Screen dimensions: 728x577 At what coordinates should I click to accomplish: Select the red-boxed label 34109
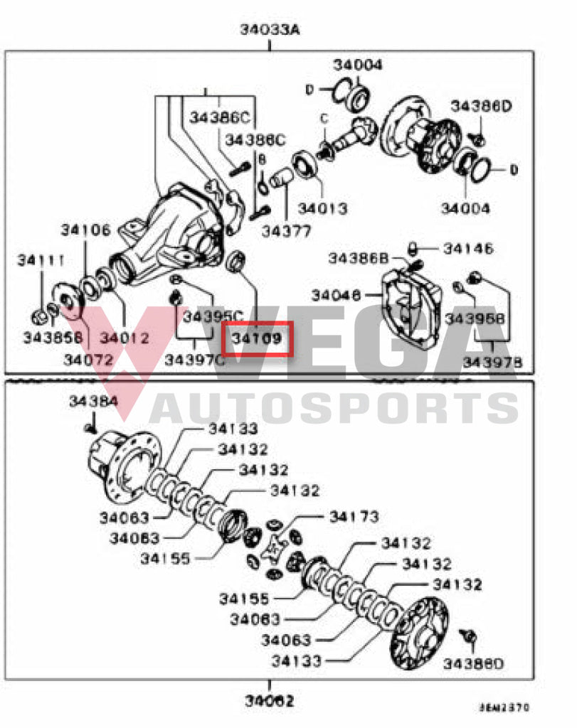pyautogui.click(x=257, y=338)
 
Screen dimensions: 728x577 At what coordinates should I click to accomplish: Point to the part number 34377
pyautogui.click(x=285, y=230)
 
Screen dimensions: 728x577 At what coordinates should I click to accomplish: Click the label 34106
pyautogui.click(x=85, y=230)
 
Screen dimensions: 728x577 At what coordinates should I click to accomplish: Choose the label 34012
pyautogui.click(x=125, y=338)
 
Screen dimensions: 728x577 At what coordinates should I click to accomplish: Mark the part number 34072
pyautogui.click(x=88, y=360)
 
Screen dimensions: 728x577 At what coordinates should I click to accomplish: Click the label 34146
pyautogui.click(x=467, y=249)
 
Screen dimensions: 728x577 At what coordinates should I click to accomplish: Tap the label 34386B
pyautogui.click(x=359, y=258)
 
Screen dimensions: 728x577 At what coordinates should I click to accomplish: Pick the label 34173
pyautogui.click(x=354, y=516)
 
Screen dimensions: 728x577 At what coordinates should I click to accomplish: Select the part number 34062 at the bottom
pyautogui.click(x=270, y=701)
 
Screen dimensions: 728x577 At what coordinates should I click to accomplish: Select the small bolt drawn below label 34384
pyautogui.click(x=90, y=427)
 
